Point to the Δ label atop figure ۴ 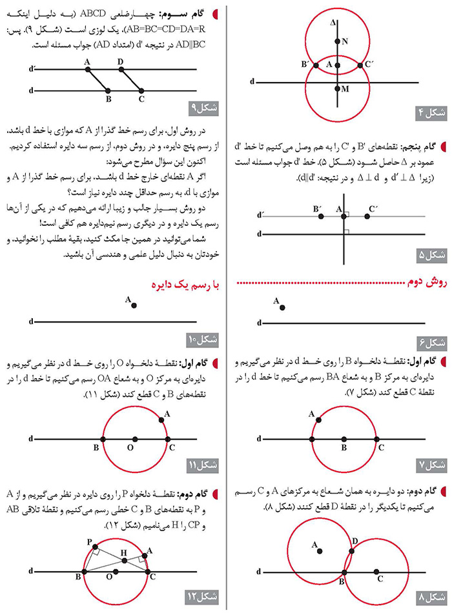[333, 23]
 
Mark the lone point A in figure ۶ [283, 307]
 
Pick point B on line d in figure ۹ [108, 91]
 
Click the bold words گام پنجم [418, 147]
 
